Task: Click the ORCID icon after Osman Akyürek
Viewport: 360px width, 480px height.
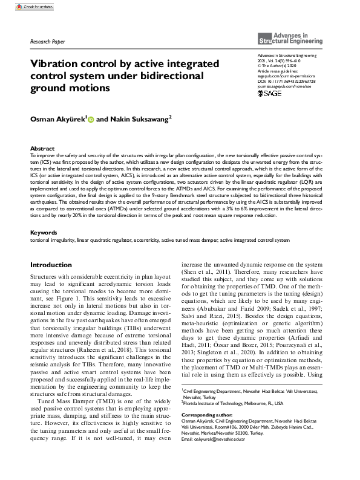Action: click(x=91, y=120)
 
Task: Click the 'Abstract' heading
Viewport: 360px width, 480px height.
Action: click(x=42, y=148)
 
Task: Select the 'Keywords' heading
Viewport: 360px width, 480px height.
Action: click(x=44, y=232)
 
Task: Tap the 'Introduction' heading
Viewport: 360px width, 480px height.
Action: click(x=51, y=265)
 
